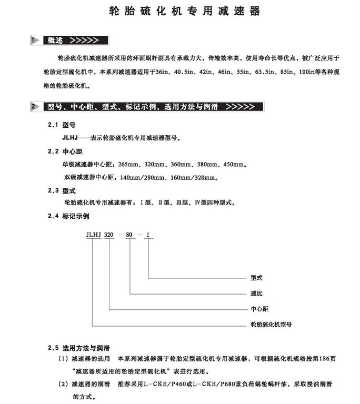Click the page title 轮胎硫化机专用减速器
(184, 12)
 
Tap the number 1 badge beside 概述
(33, 40)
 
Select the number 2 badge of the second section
(33, 107)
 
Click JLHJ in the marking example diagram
(93, 235)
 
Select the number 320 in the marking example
(109, 235)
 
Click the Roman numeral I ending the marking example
(149, 235)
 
